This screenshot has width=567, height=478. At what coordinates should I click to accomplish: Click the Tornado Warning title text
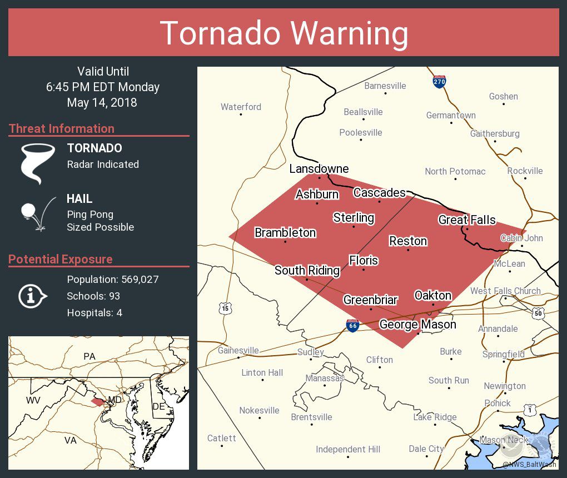point(284,33)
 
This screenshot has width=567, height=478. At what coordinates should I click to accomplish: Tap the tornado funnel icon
point(37,162)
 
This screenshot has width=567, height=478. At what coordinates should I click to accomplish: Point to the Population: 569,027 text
point(112,279)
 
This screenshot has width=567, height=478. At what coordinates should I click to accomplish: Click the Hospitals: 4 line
point(94,312)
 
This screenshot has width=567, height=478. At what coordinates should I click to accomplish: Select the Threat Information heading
point(62,128)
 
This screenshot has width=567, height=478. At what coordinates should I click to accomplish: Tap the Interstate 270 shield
point(439,82)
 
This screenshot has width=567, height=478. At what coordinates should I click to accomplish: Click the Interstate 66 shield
point(352,326)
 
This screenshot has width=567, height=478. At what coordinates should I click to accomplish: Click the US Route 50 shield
point(538,313)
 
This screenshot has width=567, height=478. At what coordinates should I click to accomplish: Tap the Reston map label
point(408,241)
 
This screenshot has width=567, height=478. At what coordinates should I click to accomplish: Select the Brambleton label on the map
point(285,232)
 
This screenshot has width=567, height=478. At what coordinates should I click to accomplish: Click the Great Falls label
point(467,220)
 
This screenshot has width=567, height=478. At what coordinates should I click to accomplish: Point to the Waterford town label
point(241,107)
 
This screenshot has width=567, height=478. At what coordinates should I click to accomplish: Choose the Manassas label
point(325,378)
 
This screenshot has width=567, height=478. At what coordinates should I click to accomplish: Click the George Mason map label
point(417,324)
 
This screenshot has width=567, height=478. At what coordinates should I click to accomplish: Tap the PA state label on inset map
point(89,356)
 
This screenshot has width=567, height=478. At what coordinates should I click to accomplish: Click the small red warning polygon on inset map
point(97,401)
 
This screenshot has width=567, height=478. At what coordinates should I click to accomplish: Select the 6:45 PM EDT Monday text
point(103,87)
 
